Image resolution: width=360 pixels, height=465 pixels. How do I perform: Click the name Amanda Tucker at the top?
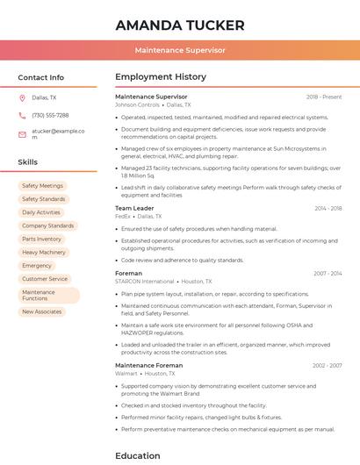point(179,25)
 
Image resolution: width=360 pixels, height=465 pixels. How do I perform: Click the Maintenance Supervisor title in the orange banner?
point(180,50)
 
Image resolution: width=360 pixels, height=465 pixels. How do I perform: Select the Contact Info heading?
point(41,77)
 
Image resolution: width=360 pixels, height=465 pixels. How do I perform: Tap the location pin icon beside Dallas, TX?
point(22,97)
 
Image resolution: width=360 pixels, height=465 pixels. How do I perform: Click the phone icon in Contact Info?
point(22,115)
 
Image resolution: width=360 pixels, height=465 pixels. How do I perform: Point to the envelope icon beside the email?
point(22,133)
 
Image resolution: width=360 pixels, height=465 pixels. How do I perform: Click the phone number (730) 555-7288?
point(50,115)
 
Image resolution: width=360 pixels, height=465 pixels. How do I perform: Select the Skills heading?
point(28,162)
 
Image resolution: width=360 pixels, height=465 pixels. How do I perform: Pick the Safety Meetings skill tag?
point(42,186)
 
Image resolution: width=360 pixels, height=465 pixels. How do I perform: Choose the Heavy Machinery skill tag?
point(44,252)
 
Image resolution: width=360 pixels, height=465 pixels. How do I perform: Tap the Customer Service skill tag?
point(45,279)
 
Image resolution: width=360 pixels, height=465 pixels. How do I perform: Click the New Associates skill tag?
point(42,311)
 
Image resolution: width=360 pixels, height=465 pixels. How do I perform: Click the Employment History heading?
point(161,77)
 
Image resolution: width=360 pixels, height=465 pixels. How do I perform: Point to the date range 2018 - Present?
point(324,97)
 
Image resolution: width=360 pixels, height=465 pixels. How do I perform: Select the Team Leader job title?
point(134,208)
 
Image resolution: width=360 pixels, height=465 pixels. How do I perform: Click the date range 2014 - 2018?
point(328,208)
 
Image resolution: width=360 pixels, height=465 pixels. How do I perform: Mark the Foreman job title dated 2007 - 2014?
point(128,273)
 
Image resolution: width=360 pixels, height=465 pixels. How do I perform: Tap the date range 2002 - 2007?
point(327,365)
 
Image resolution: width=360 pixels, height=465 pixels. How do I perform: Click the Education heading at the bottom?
point(138,455)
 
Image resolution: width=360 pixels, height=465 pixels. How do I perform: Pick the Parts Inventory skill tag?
point(42,239)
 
